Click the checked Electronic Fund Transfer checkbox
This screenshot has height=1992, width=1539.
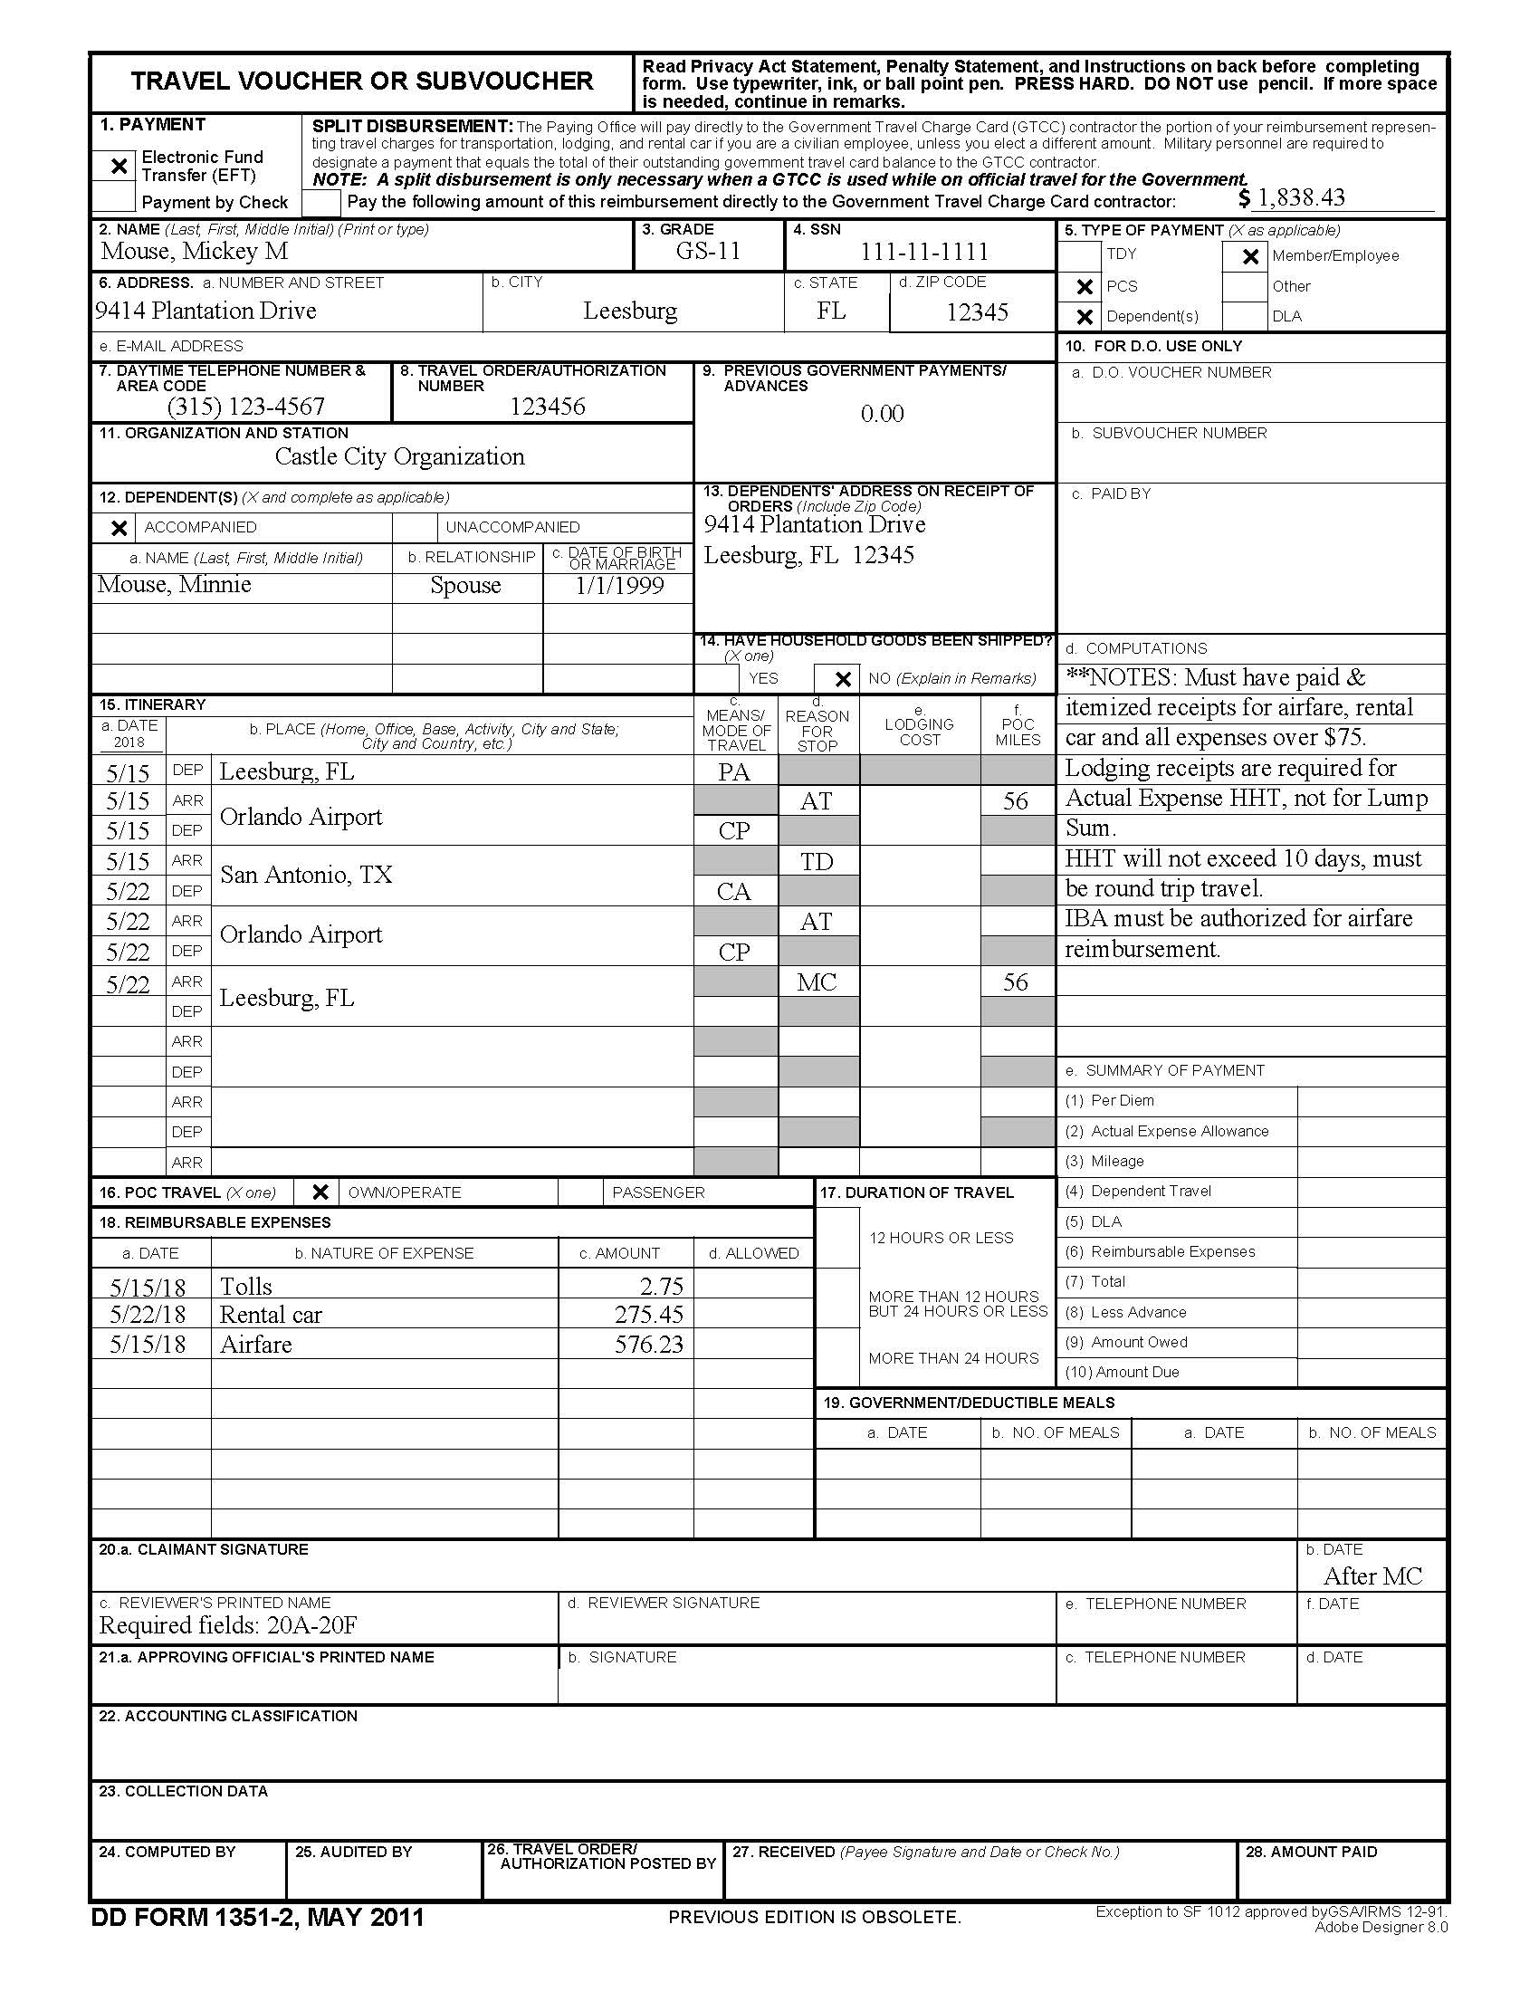118,166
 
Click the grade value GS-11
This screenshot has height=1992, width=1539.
709,251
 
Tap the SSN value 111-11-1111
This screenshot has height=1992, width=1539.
923,252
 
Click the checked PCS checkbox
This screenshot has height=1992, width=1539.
1084,286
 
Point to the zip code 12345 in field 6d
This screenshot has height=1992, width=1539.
977,312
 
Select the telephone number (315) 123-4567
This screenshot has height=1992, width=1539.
245,406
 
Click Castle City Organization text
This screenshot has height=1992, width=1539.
399,456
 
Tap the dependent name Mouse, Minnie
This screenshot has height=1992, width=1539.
174,585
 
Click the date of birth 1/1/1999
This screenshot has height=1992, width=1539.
619,586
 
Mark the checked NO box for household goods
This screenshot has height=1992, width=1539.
843,678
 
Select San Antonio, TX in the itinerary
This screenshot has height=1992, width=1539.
305,875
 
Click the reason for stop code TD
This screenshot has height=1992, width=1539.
816,861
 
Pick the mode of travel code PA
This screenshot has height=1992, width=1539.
734,772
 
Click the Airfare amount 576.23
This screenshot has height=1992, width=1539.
648,1344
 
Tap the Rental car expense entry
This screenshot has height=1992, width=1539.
271,1315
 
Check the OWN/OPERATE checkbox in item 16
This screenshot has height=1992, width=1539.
319,1192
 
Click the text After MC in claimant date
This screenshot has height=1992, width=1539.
1372,1576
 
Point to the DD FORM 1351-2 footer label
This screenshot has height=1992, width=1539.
257,1916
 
